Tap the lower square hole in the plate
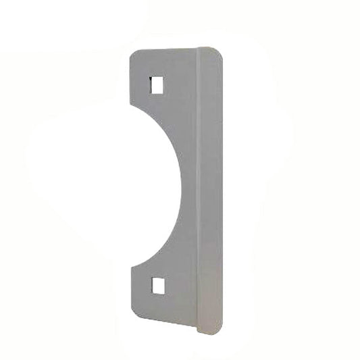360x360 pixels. click(x=157, y=286)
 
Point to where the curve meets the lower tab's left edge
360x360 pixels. click(x=130, y=267)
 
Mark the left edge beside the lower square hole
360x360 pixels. click(x=130, y=286)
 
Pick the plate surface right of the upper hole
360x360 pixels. click(x=180, y=84)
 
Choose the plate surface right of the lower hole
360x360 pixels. click(x=180, y=286)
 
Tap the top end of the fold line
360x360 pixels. click(x=197, y=49)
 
